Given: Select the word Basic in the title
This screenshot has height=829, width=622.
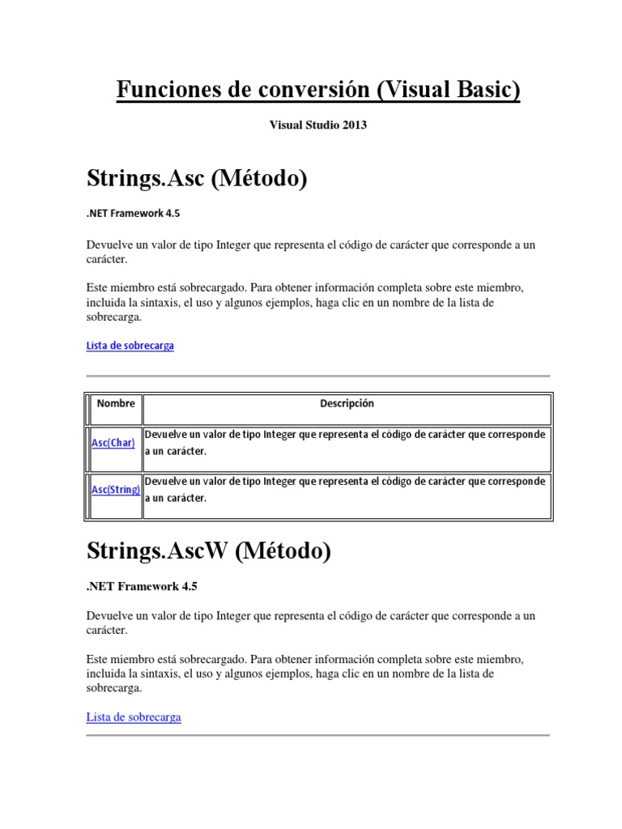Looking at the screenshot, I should [484, 90].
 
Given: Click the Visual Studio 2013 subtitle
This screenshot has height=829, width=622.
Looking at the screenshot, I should [312, 125].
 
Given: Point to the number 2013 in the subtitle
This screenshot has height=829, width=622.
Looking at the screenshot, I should [342, 125].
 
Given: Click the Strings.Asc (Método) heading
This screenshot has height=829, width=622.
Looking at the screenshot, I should [197, 177].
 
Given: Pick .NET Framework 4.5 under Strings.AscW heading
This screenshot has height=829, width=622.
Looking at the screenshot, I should [141, 586].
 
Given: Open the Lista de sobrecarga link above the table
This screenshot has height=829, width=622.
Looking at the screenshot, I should [130, 346].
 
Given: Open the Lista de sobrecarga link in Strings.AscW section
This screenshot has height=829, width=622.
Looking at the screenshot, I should [133, 717].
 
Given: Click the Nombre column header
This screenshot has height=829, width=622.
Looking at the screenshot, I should [116, 403].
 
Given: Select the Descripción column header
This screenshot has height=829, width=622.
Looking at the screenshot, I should [347, 403].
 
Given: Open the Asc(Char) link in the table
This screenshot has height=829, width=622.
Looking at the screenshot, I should [113, 443].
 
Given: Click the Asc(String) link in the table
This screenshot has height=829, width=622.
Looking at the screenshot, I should [116, 490].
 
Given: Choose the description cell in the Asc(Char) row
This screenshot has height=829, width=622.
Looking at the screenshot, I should [346, 443].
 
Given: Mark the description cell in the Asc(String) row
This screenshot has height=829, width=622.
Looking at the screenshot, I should [346, 490].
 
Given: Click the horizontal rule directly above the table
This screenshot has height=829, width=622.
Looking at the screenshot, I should [317, 376].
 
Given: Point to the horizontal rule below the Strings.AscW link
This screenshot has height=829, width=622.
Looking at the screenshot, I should [317, 735].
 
